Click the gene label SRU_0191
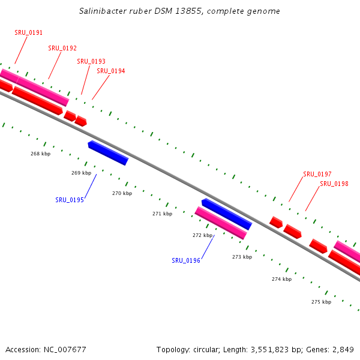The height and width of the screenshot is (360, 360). (28, 32)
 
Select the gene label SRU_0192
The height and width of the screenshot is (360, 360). (62, 48)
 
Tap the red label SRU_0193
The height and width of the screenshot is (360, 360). (91, 61)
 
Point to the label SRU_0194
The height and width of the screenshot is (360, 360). (110, 71)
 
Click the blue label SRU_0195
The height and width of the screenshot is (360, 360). (70, 200)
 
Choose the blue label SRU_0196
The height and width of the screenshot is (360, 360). (186, 260)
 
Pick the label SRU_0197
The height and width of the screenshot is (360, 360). (317, 174)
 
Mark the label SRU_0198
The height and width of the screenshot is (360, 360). (334, 184)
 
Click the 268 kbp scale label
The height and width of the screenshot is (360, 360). (40, 154)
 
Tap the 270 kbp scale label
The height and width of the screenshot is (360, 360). (122, 193)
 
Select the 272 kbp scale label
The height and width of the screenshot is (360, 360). (202, 235)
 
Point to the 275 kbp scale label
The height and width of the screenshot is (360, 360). (321, 302)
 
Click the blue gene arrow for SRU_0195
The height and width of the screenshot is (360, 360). (108, 152)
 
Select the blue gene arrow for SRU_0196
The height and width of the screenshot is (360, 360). (226, 214)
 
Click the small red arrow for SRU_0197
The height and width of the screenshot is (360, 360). (276, 222)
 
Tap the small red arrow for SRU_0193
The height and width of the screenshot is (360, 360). (70, 116)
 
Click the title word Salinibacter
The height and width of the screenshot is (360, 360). (103, 11)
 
